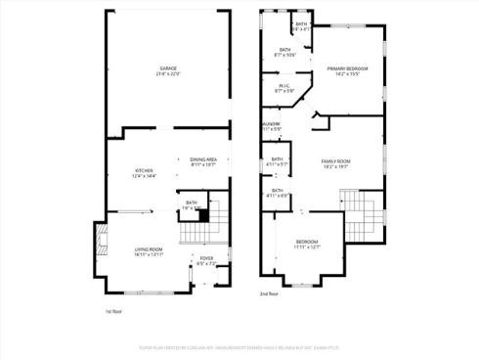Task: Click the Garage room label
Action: point(169,68)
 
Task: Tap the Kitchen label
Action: point(144,170)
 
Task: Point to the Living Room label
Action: point(149,249)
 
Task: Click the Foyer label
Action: point(206,258)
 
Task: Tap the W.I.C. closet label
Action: point(284,86)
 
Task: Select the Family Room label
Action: point(336,160)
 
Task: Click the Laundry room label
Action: point(271,124)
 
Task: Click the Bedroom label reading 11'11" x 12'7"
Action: point(307,241)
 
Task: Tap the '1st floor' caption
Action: point(113,311)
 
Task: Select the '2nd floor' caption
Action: point(268,293)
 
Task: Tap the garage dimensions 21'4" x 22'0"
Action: point(169,74)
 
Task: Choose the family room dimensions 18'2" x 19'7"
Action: point(336,166)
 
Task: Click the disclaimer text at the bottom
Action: point(239,345)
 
